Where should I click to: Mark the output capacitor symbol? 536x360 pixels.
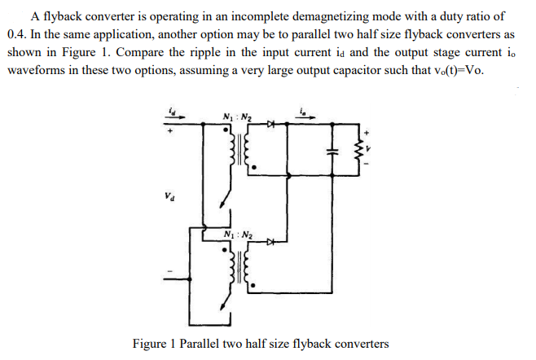tap(330, 152)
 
